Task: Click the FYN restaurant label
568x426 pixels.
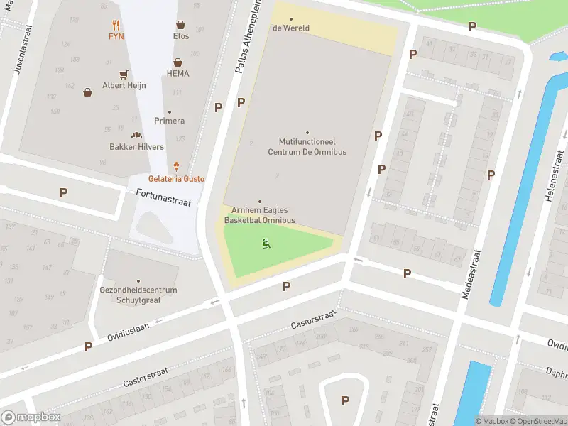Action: click(x=116, y=36)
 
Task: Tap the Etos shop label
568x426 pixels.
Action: click(x=181, y=36)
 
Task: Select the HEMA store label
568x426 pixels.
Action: click(x=177, y=73)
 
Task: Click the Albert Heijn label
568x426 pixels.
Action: click(x=124, y=85)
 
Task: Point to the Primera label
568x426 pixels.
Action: click(x=169, y=121)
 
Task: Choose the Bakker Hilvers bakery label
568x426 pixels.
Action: click(x=136, y=147)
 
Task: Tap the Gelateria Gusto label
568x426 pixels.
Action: click(x=176, y=179)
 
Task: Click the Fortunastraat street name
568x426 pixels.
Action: click(x=165, y=202)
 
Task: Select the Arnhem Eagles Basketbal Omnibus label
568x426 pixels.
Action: click(x=259, y=215)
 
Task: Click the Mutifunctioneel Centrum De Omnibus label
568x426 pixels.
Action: click(x=307, y=147)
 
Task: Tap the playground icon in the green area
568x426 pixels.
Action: click(x=266, y=244)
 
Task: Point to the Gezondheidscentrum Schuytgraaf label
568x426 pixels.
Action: click(x=138, y=295)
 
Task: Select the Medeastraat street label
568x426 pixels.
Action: click(x=471, y=273)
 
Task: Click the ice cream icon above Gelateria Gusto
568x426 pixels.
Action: click(x=176, y=167)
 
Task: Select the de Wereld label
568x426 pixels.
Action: click(x=291, y=28)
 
